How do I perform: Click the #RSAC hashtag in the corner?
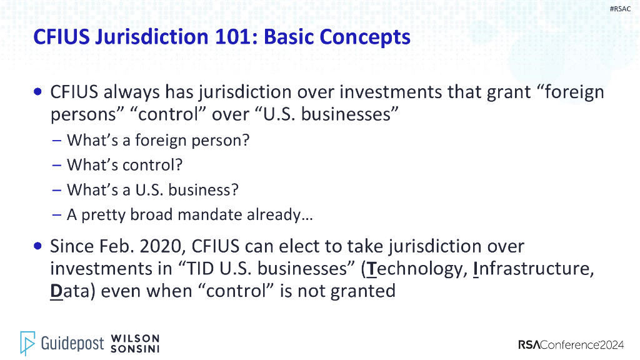(x=619, y=8)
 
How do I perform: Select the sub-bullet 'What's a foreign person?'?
(x=158, y=140)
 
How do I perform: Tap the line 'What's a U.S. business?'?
(x=152, y=189)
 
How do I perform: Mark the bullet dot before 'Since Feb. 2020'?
(x=39, y=246)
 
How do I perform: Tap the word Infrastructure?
(x=532, y=268)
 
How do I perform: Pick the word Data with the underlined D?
(x=71, y=291)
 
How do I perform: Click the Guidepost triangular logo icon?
(x=27, y=343)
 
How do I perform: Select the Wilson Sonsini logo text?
(x=134, y=343)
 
